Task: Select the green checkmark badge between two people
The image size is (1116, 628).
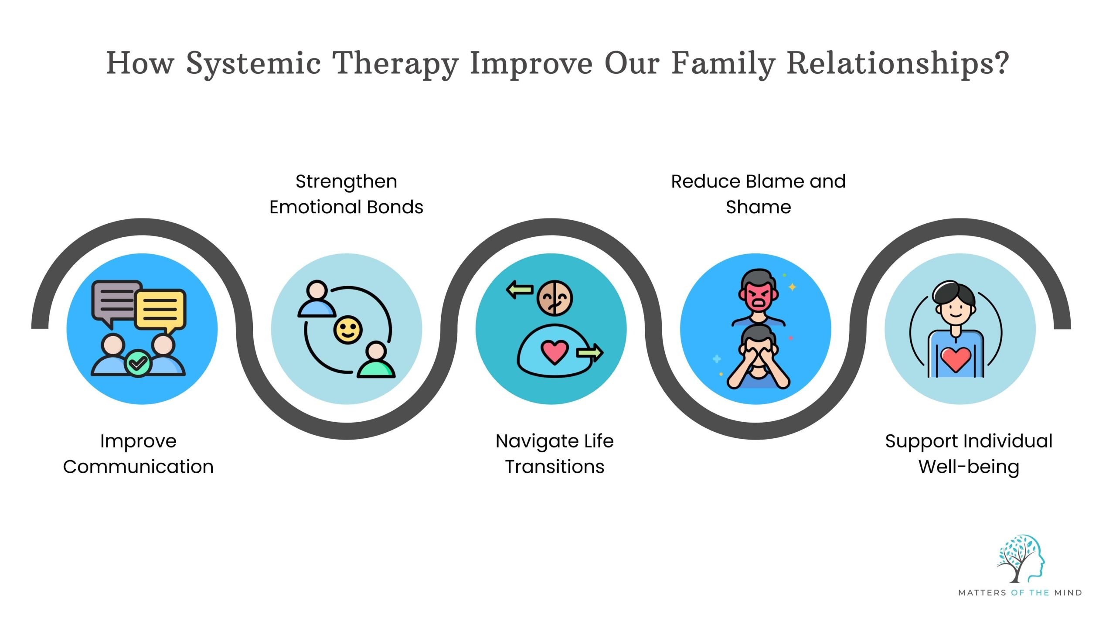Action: pos(138,363)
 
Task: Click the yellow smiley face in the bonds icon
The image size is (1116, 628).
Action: pos(347,330)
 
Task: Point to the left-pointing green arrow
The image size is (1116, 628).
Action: pos(520,290)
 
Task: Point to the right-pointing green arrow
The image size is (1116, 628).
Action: pos(589,352)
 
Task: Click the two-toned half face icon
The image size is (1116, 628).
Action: pos(555,298)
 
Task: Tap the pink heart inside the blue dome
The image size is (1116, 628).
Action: pos(554,352)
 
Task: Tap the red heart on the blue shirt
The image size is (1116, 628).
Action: pos(956,359)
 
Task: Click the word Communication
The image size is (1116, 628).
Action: pos(138,467)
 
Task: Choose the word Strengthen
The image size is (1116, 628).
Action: pos(346,181)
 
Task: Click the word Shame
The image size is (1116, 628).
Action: pos(758,207)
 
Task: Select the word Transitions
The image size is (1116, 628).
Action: pos(555,467)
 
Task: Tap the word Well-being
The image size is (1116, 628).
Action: pos(969,467)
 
